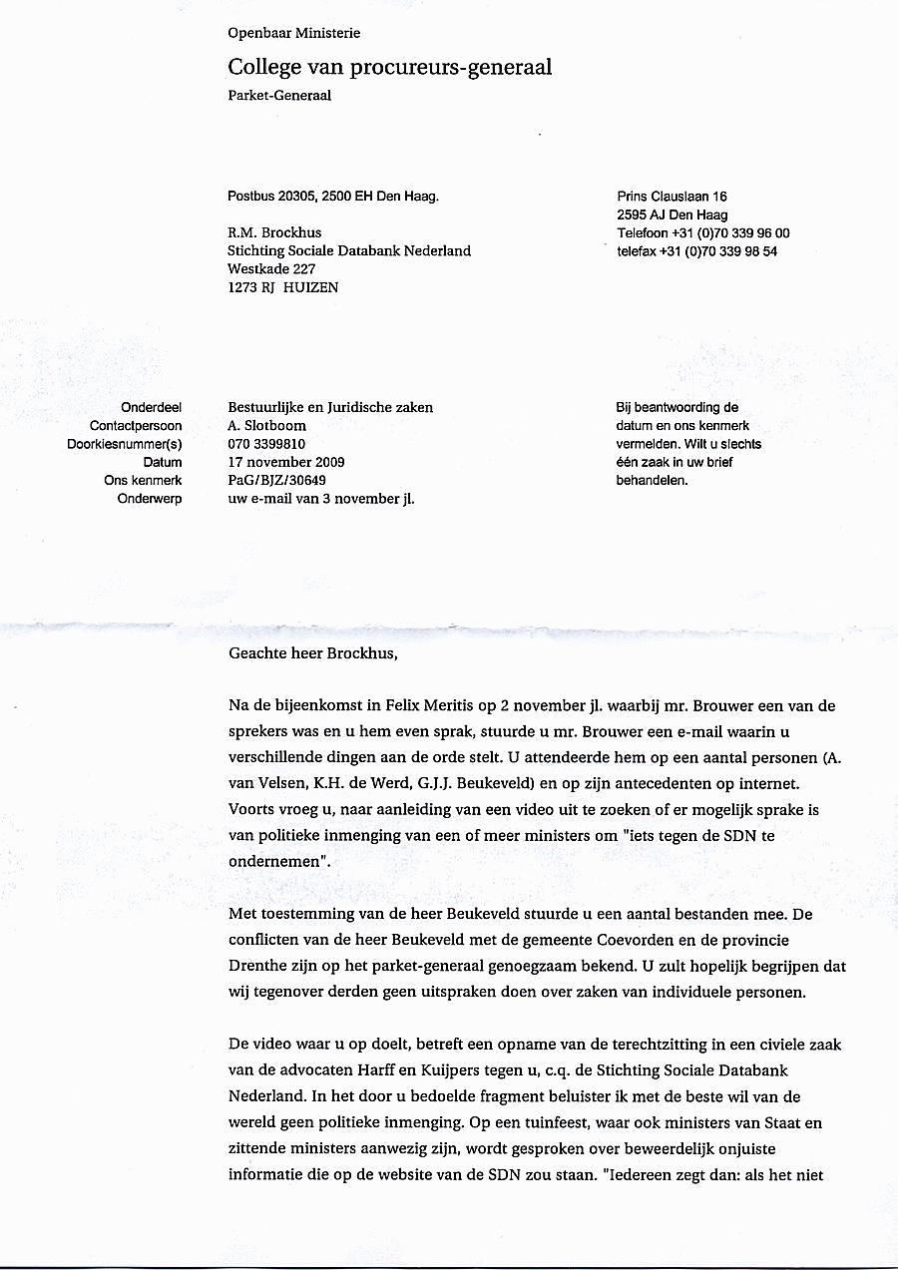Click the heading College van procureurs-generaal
(389, 68)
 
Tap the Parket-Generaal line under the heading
(279, 97)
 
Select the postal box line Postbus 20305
(332, 197)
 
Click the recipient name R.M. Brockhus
(274, 232)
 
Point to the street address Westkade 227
(271, 269)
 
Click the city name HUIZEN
(310, 287)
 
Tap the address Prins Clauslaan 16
(672, 197)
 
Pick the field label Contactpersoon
(136, 426)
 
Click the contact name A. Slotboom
(266, 426)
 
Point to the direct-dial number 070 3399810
(266, 444)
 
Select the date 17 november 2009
(286, 462)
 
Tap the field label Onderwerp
(150, 499)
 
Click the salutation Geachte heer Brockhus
(312, 654)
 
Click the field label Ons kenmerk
(143, 480)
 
